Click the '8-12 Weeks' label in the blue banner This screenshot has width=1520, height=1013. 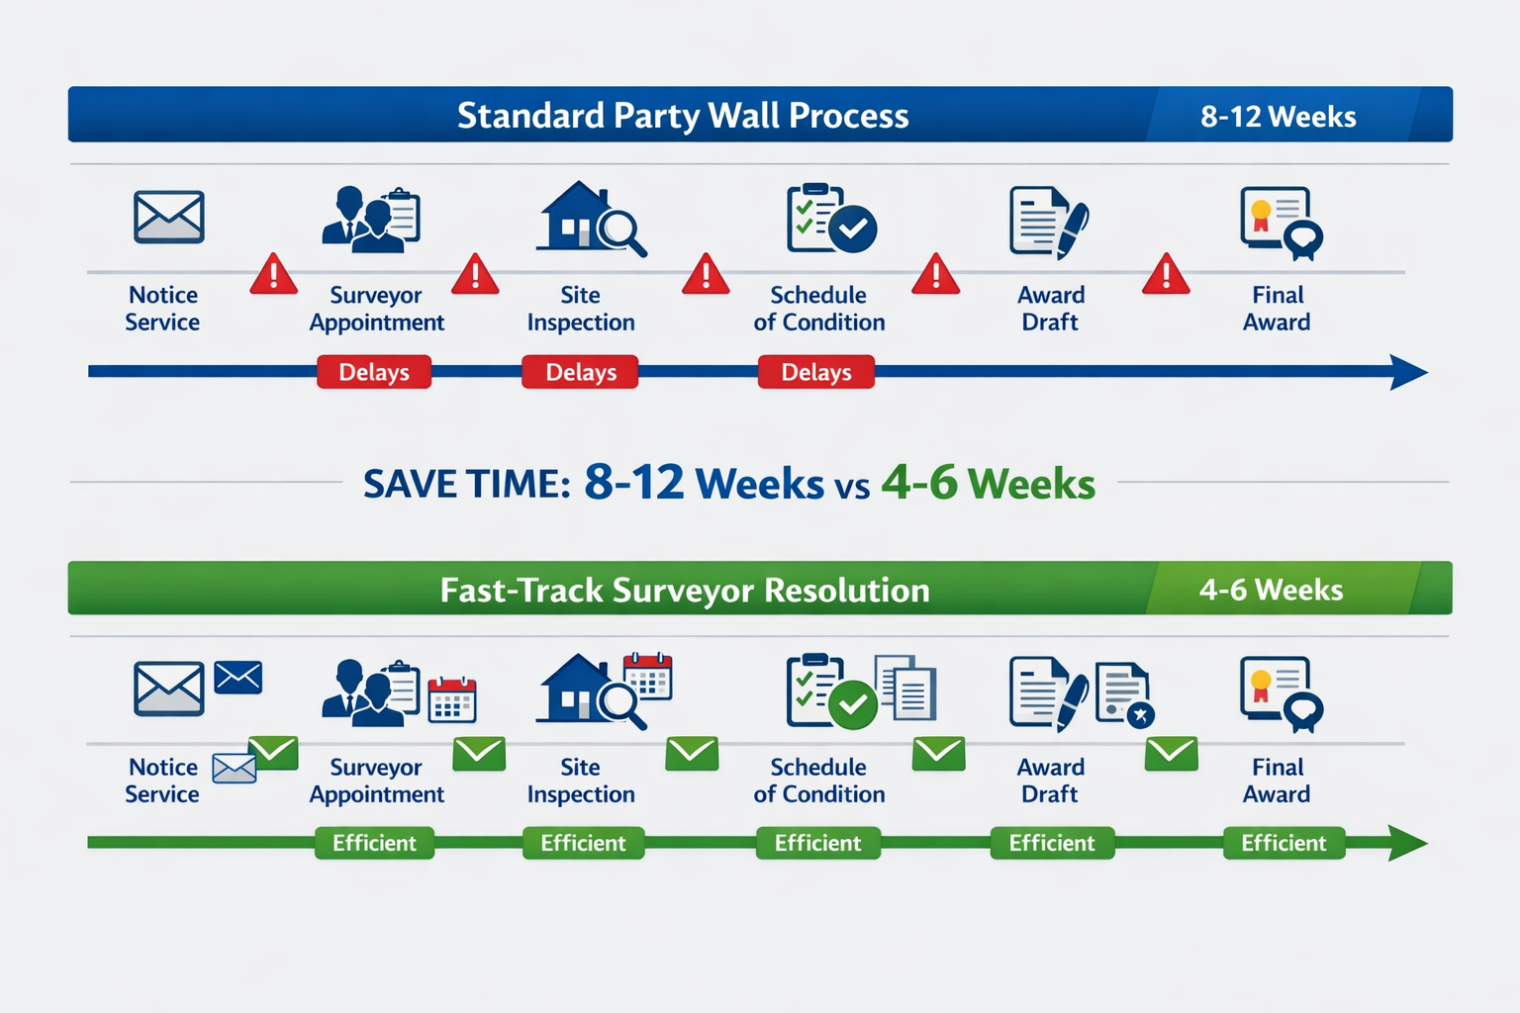pyautogui.click(x=1278, y=117)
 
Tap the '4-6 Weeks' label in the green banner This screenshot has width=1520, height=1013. pyautogui.click(x=1271, y=591)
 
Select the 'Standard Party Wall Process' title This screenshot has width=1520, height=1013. pyautogui.click(x=683, y=116)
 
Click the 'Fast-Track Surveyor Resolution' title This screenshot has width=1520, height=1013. pyautogui.click(x=685, y=591)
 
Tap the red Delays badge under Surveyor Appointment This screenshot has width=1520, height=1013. pyautogui.click(x=374, y=372)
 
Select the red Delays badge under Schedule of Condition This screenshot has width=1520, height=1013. pyautogui.click(x=816, y=372)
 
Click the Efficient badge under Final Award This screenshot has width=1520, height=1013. pyautogui.click(x=1283, y=843)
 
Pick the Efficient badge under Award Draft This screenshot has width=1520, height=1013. pyautogui.click(x=1052, y=843)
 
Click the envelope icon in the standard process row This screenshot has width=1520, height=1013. pyautogui.click(x=169, y=217)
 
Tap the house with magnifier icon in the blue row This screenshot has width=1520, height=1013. pyautogui.click(x=591, y=219)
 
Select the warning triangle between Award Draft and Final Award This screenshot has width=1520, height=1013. pyautogui.click(x=1166, y=275)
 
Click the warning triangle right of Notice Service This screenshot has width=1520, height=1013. pyautogui.click(x=273, y=275)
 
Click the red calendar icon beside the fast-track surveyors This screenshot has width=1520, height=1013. pyautogui.click(x=452, y=699)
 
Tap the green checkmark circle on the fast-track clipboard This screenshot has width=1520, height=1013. pyautogui.click(x=853, y=705)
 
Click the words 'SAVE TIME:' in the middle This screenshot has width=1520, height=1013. pyautogui.click(x=466, y=485)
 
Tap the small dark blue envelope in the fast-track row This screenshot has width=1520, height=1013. pyautogui.click(x=238, y=678)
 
